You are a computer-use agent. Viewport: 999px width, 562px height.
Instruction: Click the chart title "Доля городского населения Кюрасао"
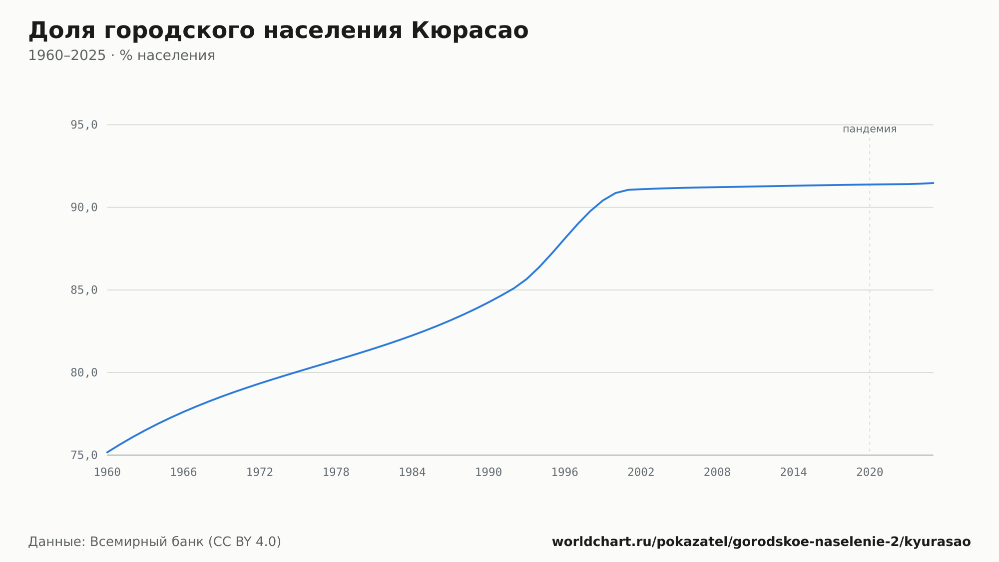tap(278, 31)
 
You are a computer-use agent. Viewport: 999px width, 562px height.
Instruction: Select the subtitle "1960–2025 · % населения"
tap(121, 55)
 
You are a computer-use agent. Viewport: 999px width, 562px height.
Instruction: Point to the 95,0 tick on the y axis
tap(84, 125)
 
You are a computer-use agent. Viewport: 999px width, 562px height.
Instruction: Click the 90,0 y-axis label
tap(84, 207)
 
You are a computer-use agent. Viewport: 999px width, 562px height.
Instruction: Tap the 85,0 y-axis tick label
tap(84, 290)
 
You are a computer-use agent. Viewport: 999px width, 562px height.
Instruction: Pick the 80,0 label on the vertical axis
tap(84, 372)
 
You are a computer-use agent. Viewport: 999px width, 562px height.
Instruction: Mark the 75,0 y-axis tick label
tap(84, 455)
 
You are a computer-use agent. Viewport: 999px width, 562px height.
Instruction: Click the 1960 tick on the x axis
tap(107, 472)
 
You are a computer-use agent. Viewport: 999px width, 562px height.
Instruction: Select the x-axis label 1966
tap(183, 472)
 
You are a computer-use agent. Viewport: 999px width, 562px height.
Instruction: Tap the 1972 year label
tap(260, 472)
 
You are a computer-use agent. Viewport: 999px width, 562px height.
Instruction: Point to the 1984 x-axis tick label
tap(412, 472)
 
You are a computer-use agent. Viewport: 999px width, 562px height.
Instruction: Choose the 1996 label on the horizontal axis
tap(564, 472)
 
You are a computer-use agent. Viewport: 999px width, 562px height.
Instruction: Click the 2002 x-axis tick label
tap(641, 472)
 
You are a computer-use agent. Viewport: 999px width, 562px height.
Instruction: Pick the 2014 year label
tap(793, 472)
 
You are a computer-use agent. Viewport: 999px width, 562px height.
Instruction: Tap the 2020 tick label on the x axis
tap(870, 472)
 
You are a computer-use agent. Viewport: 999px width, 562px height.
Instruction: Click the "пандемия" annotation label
tap(870, 129)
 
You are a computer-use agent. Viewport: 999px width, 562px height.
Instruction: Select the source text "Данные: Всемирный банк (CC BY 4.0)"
tap(155, 542)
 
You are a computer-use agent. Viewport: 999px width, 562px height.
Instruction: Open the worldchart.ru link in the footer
tap(761, 542)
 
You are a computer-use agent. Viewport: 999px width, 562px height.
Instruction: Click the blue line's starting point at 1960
tap(107, 452)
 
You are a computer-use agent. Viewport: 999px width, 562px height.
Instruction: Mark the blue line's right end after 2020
tap(933, 183)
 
